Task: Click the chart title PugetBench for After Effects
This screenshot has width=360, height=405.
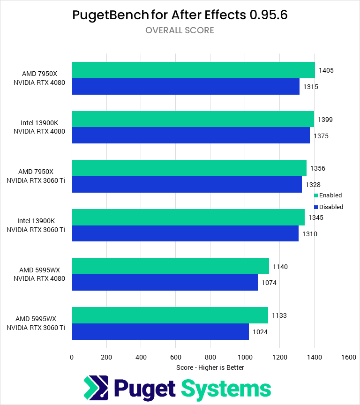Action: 180,15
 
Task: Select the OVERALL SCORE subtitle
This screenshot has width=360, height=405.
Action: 180,30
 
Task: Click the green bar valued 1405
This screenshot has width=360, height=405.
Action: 193,70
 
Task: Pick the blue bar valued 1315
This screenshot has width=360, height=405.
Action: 186,87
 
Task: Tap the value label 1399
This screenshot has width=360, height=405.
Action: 325,120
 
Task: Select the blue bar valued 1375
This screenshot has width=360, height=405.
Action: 191,135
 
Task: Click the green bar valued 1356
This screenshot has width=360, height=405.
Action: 189,168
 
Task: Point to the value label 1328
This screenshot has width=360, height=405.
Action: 313,185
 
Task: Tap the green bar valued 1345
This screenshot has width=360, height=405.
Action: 188,217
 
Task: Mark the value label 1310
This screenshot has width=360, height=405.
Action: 310,233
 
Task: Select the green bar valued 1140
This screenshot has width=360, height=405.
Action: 170,266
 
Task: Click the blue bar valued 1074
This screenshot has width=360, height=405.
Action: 165,283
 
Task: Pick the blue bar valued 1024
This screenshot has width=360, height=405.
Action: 160,331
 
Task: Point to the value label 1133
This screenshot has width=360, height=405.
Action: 279,315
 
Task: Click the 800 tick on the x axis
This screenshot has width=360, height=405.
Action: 210,357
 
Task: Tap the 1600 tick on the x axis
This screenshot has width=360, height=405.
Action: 348,357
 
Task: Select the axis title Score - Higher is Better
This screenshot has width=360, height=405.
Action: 210,367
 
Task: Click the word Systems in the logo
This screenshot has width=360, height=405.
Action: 226,389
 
